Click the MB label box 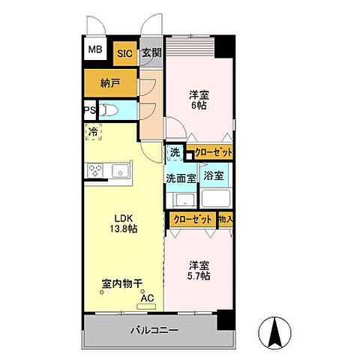(x=95, y=50)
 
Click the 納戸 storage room (x=110, y=83)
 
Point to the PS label (x=89, y=111)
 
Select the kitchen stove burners (x=97, y=171)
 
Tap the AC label (x=148, y=297)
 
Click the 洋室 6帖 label (x=198, y=100)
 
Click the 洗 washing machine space (x=174, y=153)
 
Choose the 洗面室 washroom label (x=181, y=178)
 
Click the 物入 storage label (x=225, y=220)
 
